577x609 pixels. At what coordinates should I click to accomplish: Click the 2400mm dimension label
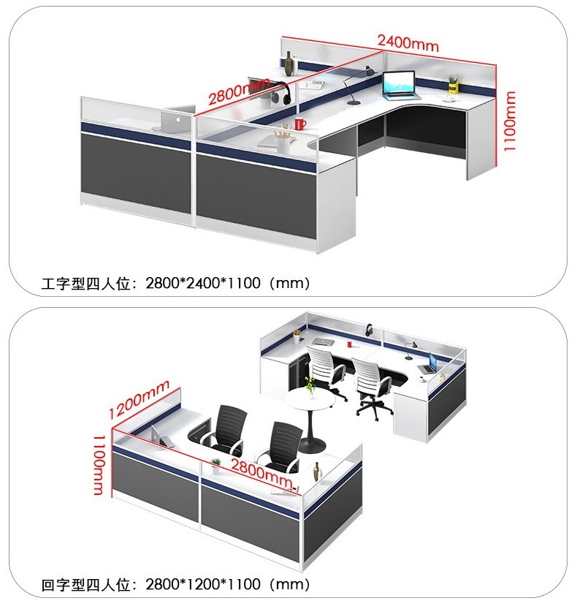coord(408,42)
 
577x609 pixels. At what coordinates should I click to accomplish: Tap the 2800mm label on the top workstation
coord(239,91)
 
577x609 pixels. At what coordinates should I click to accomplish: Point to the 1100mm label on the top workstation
coord(509,121)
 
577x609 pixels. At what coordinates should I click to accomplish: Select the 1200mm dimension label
coord(139,399)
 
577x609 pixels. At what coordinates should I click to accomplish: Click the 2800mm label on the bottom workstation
coord(262,472)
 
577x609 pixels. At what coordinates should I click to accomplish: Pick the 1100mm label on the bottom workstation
coord(99,465)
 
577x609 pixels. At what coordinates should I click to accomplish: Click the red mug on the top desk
coord(300,124)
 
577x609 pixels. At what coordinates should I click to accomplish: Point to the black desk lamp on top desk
coord(358,85)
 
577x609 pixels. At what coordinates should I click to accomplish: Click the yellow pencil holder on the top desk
coord(452,85)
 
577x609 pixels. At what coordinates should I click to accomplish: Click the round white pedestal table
coord(310,420)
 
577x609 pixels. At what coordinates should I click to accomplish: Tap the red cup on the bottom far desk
coord(349,344)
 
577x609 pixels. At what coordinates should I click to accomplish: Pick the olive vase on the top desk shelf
coord(288,64)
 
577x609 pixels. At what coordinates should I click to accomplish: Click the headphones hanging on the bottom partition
coord(369,330)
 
